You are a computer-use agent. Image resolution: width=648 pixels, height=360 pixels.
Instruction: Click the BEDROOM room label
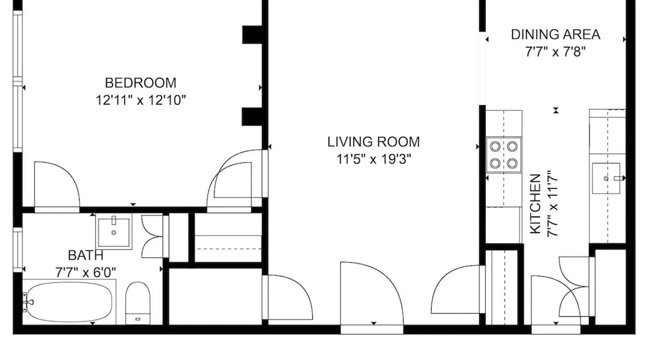(x=141, y=83)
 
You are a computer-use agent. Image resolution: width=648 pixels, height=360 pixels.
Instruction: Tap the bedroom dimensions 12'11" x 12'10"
(x=141, y=100)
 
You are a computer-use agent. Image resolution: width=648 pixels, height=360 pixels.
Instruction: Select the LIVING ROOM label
(x=374, y=142)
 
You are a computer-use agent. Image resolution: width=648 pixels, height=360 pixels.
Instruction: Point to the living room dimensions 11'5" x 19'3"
(x=374, y=159)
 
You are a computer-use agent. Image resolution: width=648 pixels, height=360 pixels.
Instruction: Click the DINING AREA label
(x=555, y=35)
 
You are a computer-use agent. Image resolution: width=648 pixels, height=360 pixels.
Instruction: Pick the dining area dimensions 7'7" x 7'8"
(x=555, y=52)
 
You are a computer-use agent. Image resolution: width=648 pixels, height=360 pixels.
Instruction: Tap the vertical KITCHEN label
(x=535, y=204)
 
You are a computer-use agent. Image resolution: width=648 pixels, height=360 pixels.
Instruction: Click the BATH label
(x=86, y=255)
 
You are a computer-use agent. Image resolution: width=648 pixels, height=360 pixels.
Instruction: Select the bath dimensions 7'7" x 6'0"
(x=86, y=273)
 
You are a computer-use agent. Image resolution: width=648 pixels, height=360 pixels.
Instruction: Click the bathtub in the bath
(x=69, y=302)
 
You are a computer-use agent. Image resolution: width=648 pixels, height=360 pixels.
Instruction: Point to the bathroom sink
(x=114, y=231)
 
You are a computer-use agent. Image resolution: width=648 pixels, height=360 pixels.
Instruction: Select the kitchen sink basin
(x=606, y=178)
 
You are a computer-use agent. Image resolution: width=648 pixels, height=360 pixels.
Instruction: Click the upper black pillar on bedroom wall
(x=253, y=35)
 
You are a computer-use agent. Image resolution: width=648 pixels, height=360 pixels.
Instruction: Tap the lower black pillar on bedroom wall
(x=253, y=117)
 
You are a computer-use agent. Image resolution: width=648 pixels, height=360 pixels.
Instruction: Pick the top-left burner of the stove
(x=495, y=147)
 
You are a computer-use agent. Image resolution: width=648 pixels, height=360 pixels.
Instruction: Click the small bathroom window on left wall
(x=18, y=249)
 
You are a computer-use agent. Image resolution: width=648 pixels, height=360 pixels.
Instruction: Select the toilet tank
(x=138, y=319)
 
